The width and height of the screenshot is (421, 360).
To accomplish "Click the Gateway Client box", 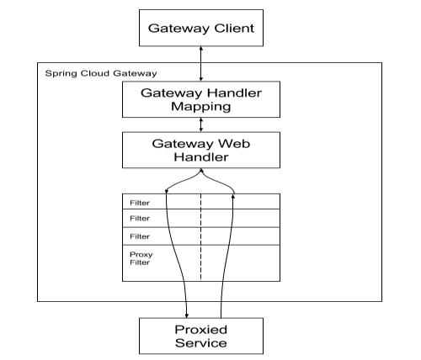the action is tap(201, 28).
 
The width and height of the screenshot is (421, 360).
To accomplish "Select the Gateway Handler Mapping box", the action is tap(201, 99).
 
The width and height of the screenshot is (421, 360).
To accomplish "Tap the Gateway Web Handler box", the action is tap(201, 150).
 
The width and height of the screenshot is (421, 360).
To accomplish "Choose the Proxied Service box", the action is tap(201, 336).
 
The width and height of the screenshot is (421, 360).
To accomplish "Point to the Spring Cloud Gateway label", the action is tap(101, 74).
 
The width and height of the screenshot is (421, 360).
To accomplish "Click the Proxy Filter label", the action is tap(141, 258).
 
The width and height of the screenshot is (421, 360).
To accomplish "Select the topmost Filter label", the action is tap(140, 203).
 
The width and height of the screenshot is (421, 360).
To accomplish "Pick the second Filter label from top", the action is tap(140, 218).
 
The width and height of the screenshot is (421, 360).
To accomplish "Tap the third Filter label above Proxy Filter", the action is tap(140, 236).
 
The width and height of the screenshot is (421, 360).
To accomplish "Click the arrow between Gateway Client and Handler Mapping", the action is tap(201, 64).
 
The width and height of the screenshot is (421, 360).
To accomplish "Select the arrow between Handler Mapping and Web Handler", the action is tap(201, 124).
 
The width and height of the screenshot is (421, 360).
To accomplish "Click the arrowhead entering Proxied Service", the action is tap(187, 315).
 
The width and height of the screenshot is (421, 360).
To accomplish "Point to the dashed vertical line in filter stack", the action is tap(200, 237).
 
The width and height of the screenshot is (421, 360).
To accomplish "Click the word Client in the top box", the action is tap(234, 28).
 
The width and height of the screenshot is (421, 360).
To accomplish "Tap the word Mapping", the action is tap(201, 107).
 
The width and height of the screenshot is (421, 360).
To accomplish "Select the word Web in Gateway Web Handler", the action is tap(234, 144).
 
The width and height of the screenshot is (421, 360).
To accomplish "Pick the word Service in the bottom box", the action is tap(201, 343).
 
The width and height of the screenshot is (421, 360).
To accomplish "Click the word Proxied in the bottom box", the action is tap(201, 330).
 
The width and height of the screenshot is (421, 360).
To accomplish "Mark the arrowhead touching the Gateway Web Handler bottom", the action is tap(201, 170).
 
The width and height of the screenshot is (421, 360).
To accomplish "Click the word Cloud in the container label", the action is tap(94, 73).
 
